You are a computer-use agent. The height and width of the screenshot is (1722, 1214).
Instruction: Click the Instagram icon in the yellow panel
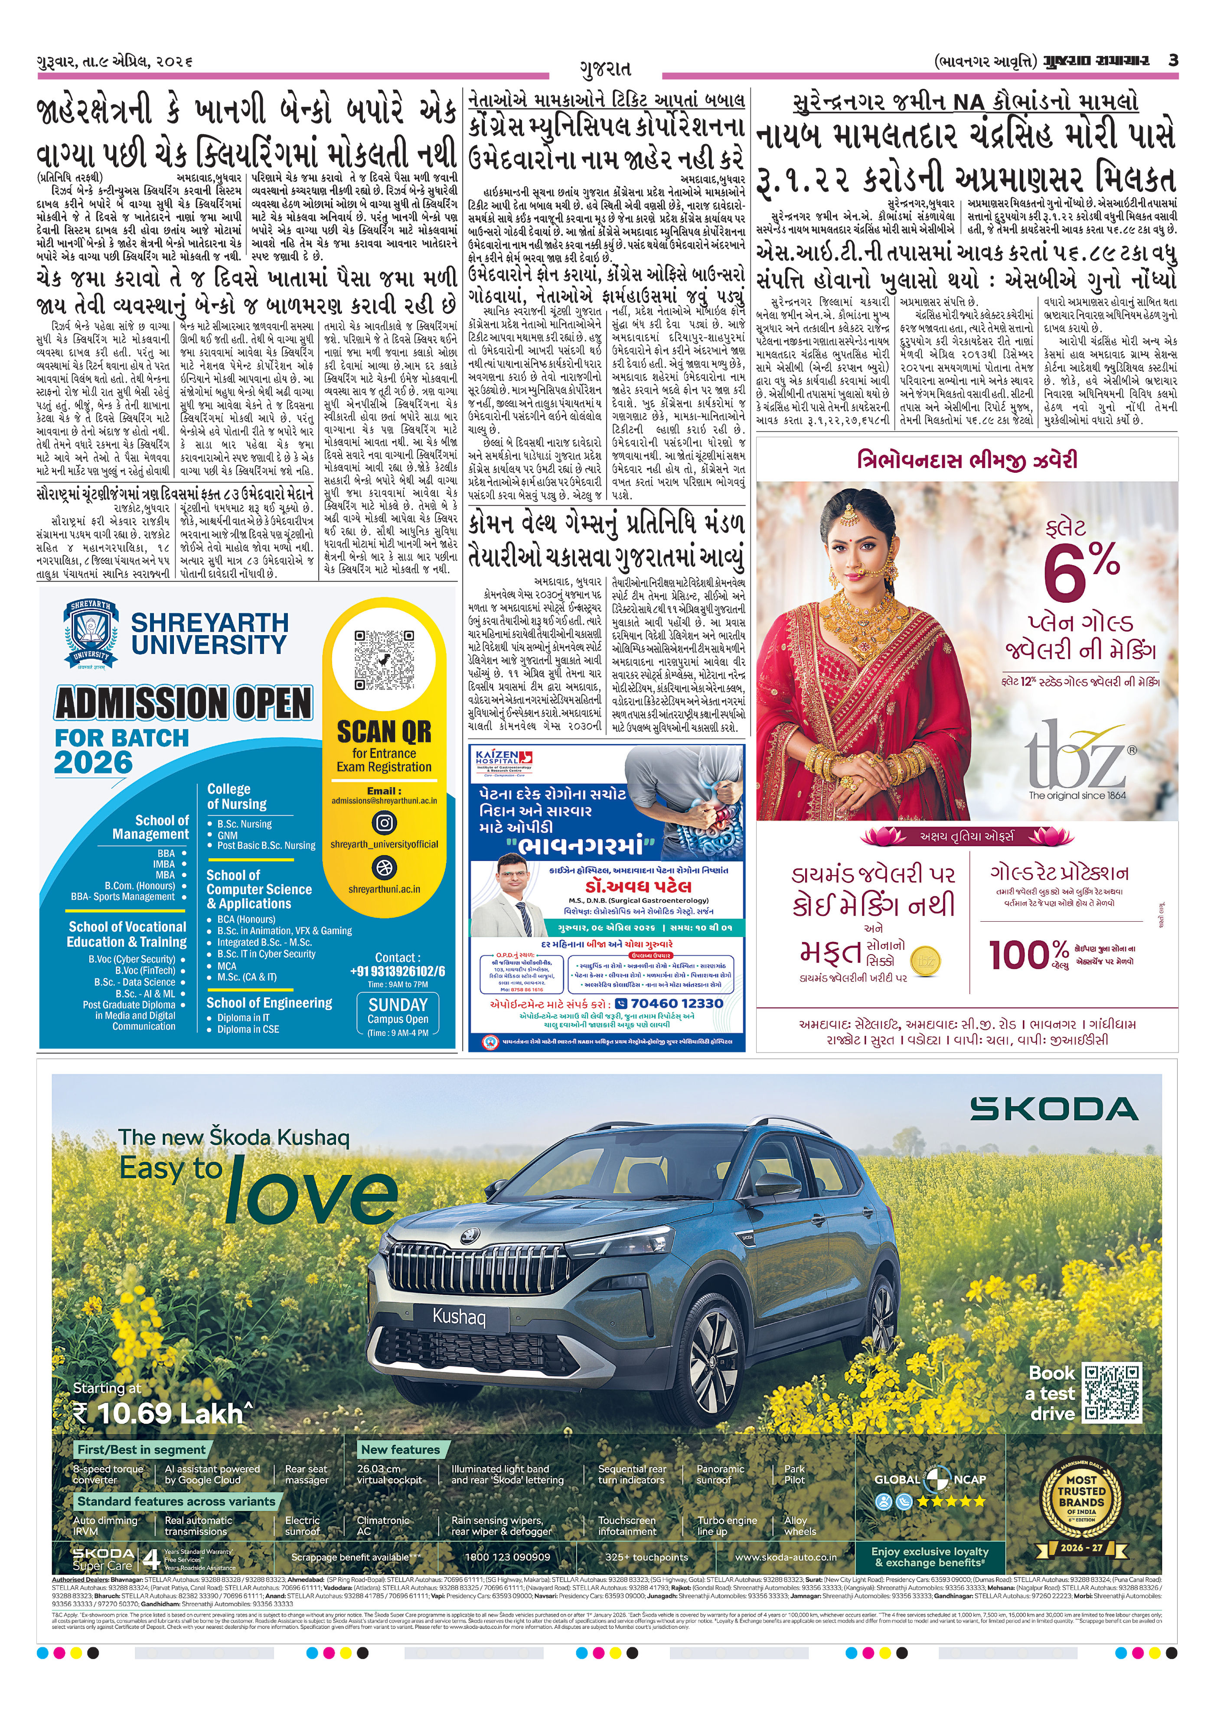[384, 823]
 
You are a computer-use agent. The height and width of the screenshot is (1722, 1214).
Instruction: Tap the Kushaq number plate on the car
[459, 1316]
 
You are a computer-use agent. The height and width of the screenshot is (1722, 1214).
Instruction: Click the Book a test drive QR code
[1112, 1393]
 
